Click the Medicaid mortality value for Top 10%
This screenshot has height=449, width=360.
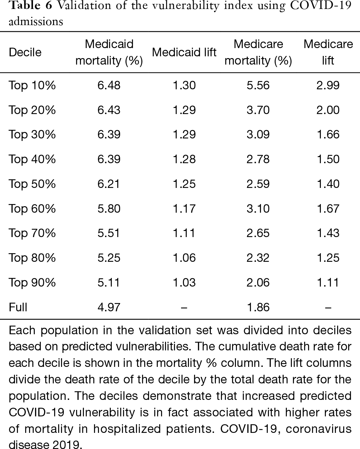pyautogui.click(x=109, y=85)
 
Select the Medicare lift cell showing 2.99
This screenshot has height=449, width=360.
pyautogui.click(x=328, y=85)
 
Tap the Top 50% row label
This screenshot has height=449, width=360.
pyautogui.click(x=32, y=184)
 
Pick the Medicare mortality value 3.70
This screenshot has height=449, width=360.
pyautogui.click(x=258, y=110)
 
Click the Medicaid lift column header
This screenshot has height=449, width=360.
pyautogui.click(x=184, y=52)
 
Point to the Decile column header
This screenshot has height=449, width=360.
pyautogui.click(x=25, y=52)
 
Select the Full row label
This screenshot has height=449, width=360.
pyautogui.click(x=18, y=307)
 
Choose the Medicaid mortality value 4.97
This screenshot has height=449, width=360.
pyautogui.click(x=109, y=307)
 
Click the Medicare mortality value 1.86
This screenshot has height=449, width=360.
pyautogui.click(x=258, y=307)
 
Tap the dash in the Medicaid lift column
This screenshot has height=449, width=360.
pyautogui.click(x=184, y=308)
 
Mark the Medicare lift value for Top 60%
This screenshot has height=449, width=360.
pyautogui.click(x=328, y=209)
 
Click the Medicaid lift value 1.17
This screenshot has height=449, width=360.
pyautogui.click(x=184, y=209)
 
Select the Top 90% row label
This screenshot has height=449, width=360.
pyautogui.click(x=32, y=283)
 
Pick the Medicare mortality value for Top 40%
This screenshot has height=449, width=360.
pyautogui.click(x=258, y=159)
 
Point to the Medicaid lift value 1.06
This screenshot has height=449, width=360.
pyautogui.click(x=184, y=258)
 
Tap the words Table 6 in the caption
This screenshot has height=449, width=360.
pyautogui.click(x=30, y=5)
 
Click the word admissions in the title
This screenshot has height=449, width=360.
pyautogui.click(x=35, y=22)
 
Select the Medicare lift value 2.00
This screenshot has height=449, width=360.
pyautogui.click(x=328, y=110)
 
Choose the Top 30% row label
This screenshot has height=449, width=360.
pyautogui.click(x=32, y=134)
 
